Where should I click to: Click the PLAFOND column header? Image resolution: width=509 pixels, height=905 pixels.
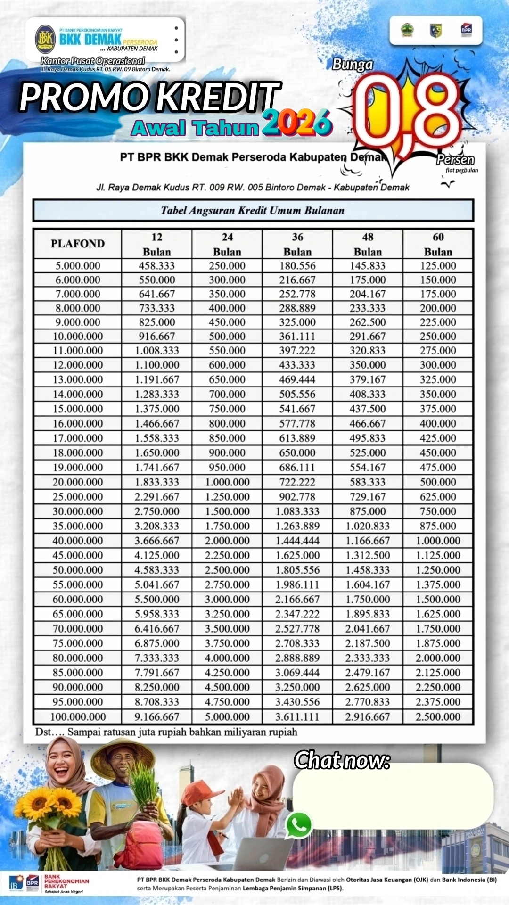coord(78,244)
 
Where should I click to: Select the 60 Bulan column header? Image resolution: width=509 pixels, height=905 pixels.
coord(438,244)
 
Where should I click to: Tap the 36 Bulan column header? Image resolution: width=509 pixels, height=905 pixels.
coord(297,244)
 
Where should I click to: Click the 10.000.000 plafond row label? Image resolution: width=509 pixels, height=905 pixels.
coord(78,337)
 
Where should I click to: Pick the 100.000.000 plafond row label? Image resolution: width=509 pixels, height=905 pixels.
coord(78,717)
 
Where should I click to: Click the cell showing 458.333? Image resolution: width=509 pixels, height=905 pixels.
coord(156,266)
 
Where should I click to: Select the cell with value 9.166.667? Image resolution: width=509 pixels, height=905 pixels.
coord(156,717)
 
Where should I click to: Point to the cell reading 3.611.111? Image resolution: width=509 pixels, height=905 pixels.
coord(297,717)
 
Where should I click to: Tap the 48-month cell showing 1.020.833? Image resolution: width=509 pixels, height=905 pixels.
coord(368,526)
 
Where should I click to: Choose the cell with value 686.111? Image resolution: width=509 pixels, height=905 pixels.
coord(297,468)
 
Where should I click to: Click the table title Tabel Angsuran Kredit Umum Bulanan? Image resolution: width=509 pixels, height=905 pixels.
coord(253,210)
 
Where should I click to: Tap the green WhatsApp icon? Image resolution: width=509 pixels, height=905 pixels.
coord(299,825)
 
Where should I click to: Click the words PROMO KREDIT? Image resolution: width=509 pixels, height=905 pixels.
coord(150,97)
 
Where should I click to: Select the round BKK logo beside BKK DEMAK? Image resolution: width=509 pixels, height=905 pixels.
coord(46,39)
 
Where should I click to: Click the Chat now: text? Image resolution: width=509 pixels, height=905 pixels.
coord(342,760)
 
